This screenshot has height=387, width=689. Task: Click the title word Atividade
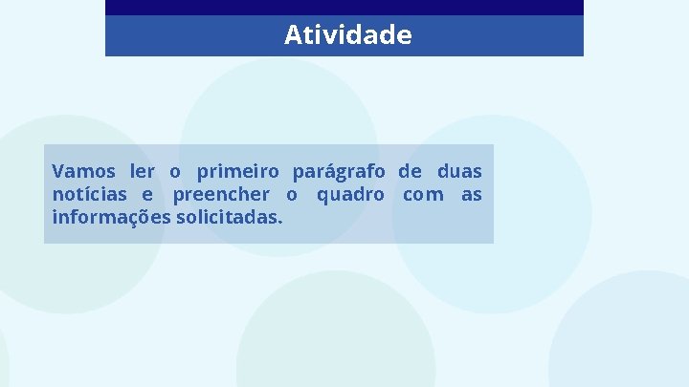(347, 35)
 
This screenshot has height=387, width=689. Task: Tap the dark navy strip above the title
(344, 7)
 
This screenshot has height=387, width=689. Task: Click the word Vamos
(83, 172)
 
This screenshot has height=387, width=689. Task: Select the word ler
(143, 172)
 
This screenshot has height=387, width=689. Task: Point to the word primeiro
(238, 172)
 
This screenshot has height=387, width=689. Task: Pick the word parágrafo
(339, 173)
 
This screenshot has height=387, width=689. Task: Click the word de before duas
(410, 172)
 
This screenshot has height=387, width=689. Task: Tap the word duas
(459, 172)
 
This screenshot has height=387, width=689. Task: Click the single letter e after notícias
(147, 196)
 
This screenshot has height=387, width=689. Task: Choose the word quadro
(350, 196)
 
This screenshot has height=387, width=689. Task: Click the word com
(423, 196)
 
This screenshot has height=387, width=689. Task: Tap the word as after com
(472, 196)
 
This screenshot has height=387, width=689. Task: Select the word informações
(112, 218)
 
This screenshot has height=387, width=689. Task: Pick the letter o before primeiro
(175, 173)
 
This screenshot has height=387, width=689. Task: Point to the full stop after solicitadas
(280, 222)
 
